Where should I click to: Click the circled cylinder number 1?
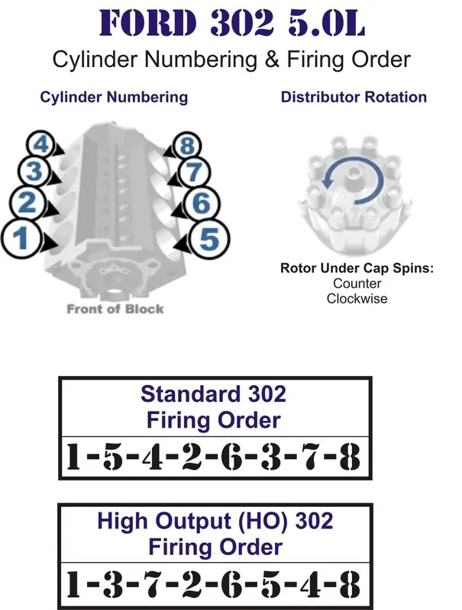click(x=21, y=238)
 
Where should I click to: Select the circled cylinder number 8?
click(x=188, y=146)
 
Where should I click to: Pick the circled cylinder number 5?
click(x=209, y=239)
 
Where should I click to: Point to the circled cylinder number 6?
click(x=202, y=204)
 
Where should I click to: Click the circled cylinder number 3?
click(x=34, y=172)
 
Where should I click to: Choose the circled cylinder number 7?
click(x=194, y=172)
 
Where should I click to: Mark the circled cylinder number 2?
click(x=27, y=203)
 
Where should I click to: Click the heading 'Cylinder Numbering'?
click(x=114, y=97)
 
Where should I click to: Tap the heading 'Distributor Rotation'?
click(x=354, y=97)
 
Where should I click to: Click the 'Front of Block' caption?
click(x=115, y=309)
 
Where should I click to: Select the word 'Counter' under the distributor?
click(x=357, y=284)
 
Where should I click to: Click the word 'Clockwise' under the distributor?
click(x=357, y=299)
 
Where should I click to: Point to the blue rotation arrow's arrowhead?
click(x=328, y=181)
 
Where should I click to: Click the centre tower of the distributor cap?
click(x=354, y=172)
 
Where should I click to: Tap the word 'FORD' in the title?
click(x=147, y=24)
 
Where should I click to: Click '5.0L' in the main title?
click(x=326, y=24)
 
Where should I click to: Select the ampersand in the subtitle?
click(x=272, y=59)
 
